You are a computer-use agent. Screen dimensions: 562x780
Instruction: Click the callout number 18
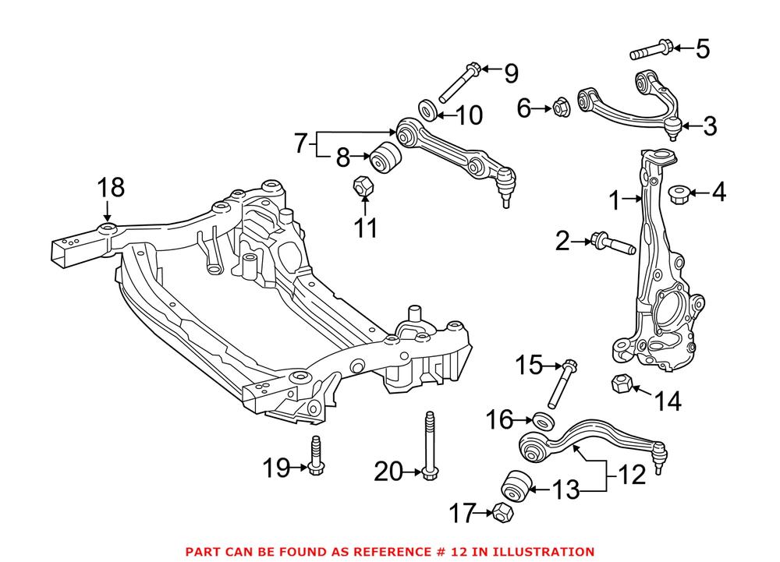[111, 188]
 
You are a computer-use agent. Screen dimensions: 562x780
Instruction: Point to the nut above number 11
[363, 187]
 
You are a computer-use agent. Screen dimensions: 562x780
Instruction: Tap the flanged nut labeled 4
[679, 192]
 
